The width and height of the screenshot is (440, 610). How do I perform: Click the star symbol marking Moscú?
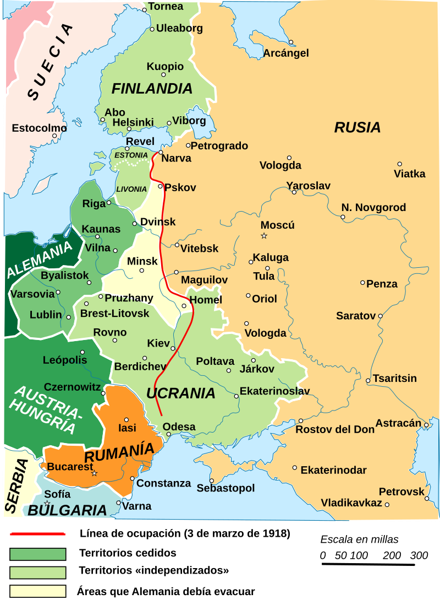(264, 236)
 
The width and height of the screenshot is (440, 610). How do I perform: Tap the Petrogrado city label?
(219, 146)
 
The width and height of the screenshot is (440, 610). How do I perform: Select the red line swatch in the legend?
(38, 534)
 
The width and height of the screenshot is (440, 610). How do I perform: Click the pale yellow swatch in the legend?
(38, 591)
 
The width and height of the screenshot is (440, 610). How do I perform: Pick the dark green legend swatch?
(38, 554)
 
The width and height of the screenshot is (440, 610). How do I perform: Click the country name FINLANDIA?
(152, 89)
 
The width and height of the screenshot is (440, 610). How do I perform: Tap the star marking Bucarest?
(94, 473)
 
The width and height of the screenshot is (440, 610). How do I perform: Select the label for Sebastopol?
(226, 488)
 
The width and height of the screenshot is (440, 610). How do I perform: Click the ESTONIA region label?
(131, 155)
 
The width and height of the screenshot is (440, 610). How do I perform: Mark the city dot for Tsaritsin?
(368, 380)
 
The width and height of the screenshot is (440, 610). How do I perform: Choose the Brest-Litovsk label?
(114, 314)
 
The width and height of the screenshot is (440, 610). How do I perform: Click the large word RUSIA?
(358, 128)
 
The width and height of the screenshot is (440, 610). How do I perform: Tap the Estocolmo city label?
(39, 128)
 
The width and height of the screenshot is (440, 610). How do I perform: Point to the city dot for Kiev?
(173, 348)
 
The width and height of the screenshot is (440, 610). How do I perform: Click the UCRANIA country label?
(180, 393)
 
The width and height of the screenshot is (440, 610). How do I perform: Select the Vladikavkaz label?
(351, 503)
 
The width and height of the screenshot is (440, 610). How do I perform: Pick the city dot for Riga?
(109, 202)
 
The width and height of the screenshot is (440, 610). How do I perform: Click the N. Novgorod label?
(373, 208)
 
